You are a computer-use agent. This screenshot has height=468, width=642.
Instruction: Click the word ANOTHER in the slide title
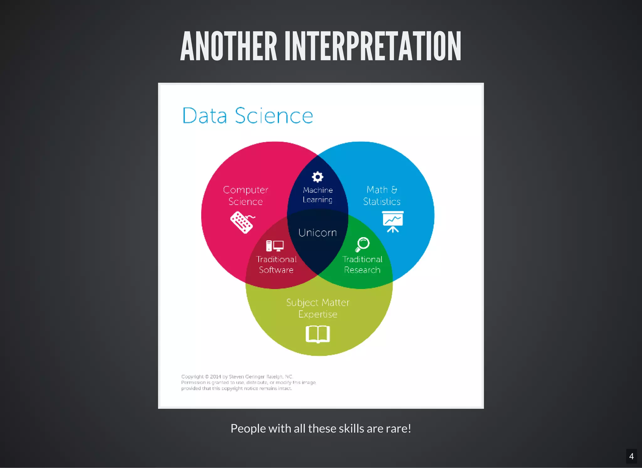point(229,46)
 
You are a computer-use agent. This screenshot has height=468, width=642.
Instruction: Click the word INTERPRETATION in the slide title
point(373,46)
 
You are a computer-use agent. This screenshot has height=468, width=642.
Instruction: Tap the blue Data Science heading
point(248,115)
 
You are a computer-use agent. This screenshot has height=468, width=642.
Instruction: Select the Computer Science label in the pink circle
point(245,195)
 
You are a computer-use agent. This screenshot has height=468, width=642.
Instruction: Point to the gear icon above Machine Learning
point(318,177)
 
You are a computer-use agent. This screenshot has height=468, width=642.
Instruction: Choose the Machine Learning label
point(318,195)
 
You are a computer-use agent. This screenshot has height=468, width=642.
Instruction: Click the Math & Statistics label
point(382,195)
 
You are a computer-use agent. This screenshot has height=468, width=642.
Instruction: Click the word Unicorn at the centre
point(318,233)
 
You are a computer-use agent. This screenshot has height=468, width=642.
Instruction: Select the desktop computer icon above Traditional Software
point(275,246)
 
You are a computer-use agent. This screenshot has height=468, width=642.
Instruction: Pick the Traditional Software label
point(276,264)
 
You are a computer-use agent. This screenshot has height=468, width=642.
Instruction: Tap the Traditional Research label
point(362,264)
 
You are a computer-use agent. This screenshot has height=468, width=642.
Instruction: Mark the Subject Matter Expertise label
point(318,308)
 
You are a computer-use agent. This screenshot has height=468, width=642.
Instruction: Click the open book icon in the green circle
point(318,334)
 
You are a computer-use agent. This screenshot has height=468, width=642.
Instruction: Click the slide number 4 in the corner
point(631,456)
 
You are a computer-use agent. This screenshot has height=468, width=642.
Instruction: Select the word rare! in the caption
point(398,428)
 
